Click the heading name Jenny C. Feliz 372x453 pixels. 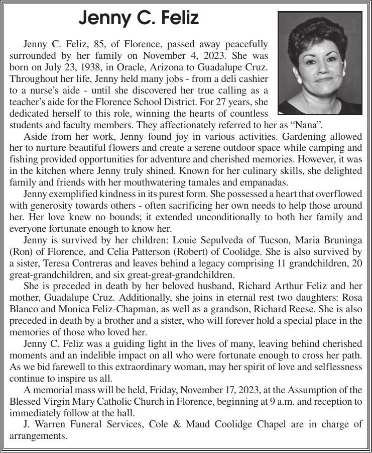139,19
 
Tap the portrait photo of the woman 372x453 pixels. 320,63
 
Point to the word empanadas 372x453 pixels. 266,182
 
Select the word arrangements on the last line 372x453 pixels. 38,435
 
